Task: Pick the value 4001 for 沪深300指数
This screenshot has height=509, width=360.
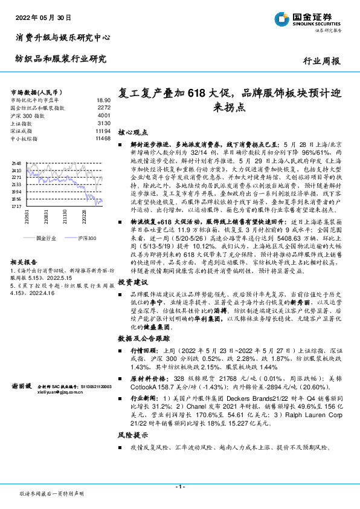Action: [x=103, y=115]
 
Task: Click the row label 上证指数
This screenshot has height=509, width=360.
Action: [x=21, y=123]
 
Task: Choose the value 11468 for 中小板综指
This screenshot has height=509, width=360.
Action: [x=103, y=138]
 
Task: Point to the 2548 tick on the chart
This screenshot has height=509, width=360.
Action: [x=16, y=163]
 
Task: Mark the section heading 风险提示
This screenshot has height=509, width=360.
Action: [x=132, y=434]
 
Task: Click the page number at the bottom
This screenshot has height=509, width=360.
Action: [x=180, y=487]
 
